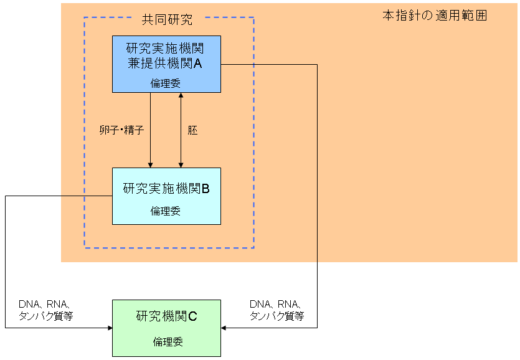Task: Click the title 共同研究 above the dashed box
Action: click(167, 19)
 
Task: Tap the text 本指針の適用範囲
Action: click(434, 16)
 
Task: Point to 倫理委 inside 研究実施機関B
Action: click(165, 211)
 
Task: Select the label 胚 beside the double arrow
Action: click(192, 131)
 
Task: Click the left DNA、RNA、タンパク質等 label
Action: click(46, 310)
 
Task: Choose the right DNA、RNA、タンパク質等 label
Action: click(277, 310)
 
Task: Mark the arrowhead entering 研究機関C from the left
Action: click(108, 327)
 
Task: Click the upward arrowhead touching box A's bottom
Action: click(181, 96)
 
